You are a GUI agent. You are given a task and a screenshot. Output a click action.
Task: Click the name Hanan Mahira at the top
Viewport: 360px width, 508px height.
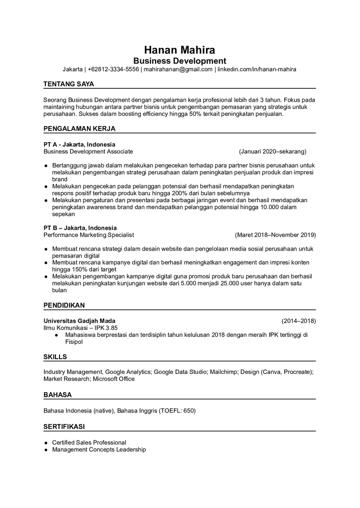[x=179, y=50]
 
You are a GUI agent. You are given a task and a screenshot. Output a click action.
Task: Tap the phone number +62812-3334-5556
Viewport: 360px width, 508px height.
[x=113, y=69]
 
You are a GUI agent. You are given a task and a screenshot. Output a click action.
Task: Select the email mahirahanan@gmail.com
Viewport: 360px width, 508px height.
[x=178, y=69]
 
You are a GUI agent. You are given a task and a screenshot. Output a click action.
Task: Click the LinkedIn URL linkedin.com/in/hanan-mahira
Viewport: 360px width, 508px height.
[x=257, y=69]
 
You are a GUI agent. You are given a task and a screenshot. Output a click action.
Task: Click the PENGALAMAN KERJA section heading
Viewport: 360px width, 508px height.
[x=79, y=129]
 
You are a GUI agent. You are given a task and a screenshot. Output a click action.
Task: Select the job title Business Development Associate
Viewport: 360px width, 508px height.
[x=88, y=151]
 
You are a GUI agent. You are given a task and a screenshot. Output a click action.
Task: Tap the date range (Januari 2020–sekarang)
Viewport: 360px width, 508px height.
[x=273, y=151]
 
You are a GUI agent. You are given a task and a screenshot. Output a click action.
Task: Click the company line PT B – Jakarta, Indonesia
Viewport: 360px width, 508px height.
[x=80, y=228]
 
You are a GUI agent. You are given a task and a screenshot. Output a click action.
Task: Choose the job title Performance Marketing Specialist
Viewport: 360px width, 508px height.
[x=88, y=235]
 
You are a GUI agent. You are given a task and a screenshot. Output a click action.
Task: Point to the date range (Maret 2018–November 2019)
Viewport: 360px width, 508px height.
[x=275, y=235]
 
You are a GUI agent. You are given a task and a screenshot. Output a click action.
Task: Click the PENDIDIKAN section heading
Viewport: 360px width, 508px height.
[x=64, y=305]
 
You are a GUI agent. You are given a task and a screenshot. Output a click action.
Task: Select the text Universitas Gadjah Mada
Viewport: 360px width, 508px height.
[x=79, y=321]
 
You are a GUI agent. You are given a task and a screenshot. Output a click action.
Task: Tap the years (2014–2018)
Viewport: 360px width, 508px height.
[x=298, y=321]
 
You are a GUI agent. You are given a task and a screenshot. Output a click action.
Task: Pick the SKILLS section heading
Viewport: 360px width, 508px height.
[x=55, y=357]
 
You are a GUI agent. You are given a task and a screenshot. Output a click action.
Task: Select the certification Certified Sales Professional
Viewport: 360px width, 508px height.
[x=89, y=442]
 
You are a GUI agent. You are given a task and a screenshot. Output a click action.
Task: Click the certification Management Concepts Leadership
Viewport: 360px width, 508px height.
[x=99, y=450]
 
